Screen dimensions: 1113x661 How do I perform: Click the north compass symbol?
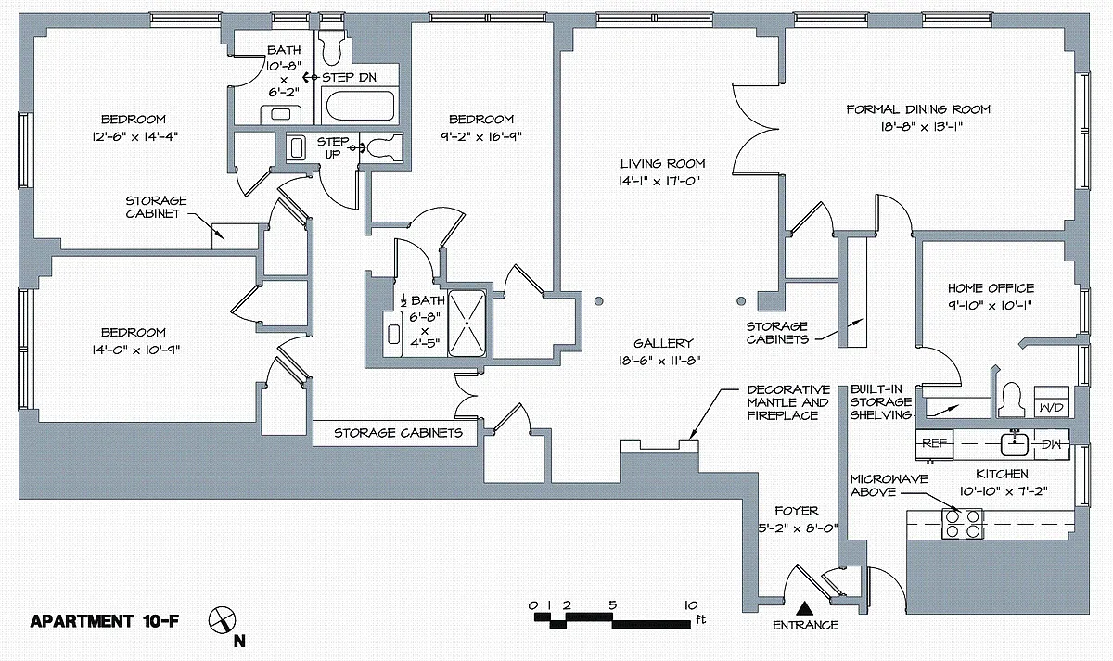pos(222,620)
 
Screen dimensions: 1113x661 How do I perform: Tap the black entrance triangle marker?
pos(804,608)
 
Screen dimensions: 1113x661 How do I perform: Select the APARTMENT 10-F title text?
pos(104,621)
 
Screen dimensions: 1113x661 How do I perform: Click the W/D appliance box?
pos(1052,401)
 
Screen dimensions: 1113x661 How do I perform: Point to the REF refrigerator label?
pos(935,443)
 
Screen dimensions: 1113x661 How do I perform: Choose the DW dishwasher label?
pos(1051,444)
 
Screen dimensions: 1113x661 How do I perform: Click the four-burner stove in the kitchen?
pos(962,524)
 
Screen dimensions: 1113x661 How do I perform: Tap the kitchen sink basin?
pos(1014,444)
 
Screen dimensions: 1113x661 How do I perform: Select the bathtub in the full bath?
pos(360,106)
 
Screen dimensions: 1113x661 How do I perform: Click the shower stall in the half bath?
pos(467,324)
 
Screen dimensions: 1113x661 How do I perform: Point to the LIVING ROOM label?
pos(662,163)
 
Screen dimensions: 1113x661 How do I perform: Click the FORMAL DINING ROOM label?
pos(918,109)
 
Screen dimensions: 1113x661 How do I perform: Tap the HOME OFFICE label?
pos(991,288)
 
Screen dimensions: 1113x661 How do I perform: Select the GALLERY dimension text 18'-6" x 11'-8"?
pos(659,361)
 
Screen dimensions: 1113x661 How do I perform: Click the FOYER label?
pos(797,511)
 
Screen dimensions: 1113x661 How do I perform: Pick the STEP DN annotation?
pos(350,78)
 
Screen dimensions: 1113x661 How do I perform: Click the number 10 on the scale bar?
pos(691,605)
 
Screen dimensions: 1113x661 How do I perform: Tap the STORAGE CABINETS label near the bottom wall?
pos(398,433)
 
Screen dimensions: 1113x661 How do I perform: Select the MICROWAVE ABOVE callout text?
pos(889,486)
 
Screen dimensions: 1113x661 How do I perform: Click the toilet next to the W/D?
pos(1012,400)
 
